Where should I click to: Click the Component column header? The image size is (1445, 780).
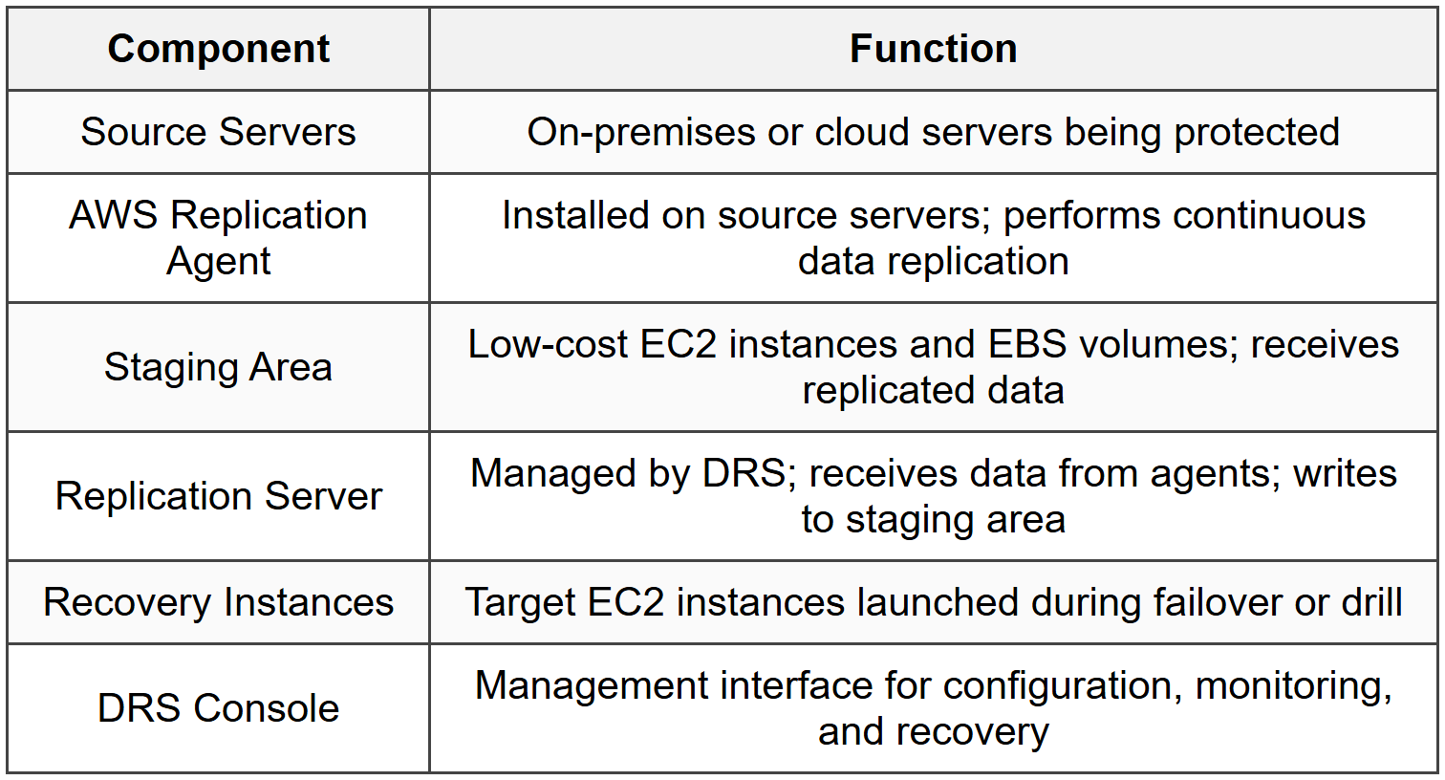[218, 49]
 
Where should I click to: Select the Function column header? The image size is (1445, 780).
[933, 49]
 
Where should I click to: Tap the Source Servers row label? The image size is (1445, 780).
[218, 132]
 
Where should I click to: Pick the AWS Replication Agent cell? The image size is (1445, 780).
[218, 238]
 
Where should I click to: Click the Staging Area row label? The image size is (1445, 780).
[218, 367]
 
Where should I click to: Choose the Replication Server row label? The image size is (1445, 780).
[218, 496]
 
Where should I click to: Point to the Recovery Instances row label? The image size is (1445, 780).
[218, 602]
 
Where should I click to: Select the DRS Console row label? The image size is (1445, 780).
[218, 708]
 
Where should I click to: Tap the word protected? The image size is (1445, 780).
[1256, 132]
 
